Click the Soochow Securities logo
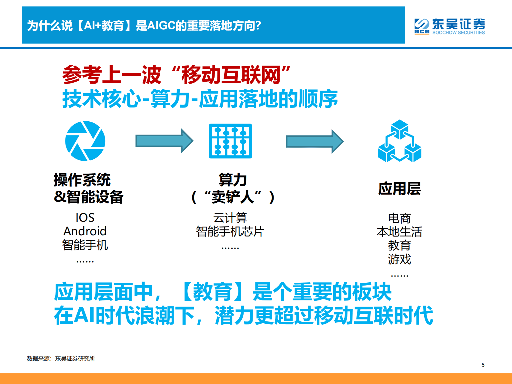click(449, 26)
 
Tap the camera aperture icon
click(85, 141)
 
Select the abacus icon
click(230, 141)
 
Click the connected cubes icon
click(400, 141)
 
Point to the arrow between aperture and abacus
click(164, 141)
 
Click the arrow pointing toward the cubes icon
click(315, 141)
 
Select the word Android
click(85, 231)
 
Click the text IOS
click(85, 217)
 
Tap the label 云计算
click(230, 218)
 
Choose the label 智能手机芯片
click(230, 231)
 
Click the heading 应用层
click(399, 188)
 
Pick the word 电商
click(399, 218)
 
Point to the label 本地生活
click(399, 232)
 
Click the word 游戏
click(399, 259)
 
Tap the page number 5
click(483, 365)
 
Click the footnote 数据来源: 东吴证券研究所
click(61, 359)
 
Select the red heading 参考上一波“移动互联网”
click(176, 75)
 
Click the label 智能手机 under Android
click(85, 245)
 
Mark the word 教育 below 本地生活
click(399, 246)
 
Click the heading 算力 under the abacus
click(233, 180)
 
